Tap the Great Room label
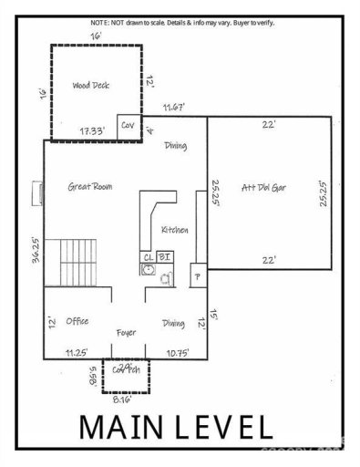tap(90, 186)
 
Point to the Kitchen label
tap(174, 230)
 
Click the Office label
tap(77, 321)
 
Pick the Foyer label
tap(126, 333)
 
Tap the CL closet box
tap(148, 256)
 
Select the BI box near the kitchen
tap(165, 256)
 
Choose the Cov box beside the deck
tap(128, 125)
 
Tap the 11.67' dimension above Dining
tap(174, 108)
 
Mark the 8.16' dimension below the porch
tap(122, 399)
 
